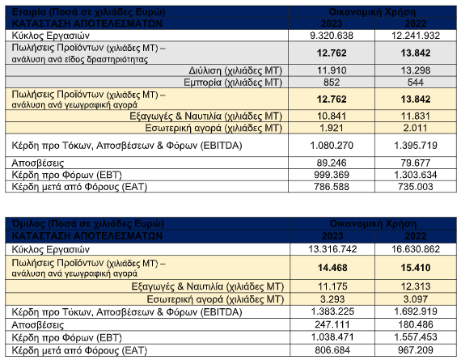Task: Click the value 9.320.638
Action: pyautogui.click(x=332, y=36)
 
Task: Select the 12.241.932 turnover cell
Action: pyautogui.click(x=416, y=36)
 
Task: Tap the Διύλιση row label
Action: pyautogui.click(x=235, y=70)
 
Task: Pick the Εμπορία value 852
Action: pyautogui.click(x=332, y=82)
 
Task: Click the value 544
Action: pyautogui.click(x=416, y=82)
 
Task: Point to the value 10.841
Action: pyautogui.click(x=332, y=116)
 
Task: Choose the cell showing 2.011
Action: pyautogui.click(x=416, y=128)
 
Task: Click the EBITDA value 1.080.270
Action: pyautogui.click(x=332, y=146)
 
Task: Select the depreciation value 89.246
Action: pyautogui.click(x=332, y=163)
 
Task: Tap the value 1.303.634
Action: pyautogui.click(x=416, y=175)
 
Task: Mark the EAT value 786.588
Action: pyautogui.click(x=332, y=186)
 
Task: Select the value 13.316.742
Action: pyautogui.click(x=332, y=249)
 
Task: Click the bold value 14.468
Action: pyautogui.click(x=332, y=268)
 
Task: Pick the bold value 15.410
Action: pyautogui.click(x=416, y=268)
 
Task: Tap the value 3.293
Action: pyautogui.click(x=332, y=299)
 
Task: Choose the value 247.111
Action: pyautogui.click(x=332, y=324)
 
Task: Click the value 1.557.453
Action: pyautogui.click(x=416, y=337)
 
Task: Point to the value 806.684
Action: pyautogui.click(x=332, y=350)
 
